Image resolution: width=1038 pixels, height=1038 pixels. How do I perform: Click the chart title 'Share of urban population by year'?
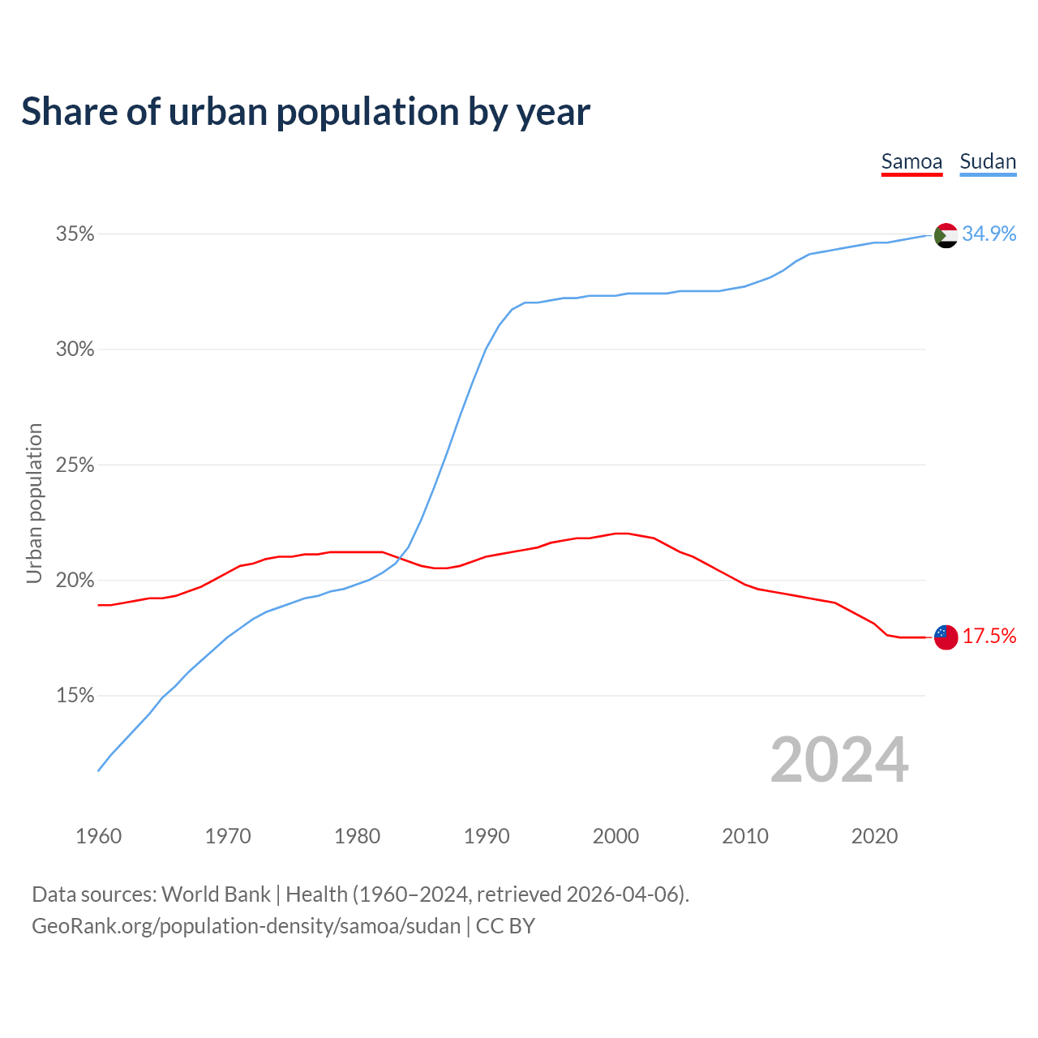click(x=306, y=112)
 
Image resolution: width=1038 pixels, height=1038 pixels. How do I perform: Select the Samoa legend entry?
click(x=911, y=161)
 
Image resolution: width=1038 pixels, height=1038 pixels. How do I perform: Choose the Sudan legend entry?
click(x=988, y=161)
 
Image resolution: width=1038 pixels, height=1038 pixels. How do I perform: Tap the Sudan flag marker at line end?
click(x=946, y=235)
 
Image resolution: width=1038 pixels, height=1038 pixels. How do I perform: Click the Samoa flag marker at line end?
click(x=946, y=637)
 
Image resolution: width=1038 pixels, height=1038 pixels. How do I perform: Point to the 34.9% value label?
click(x=989, y=234)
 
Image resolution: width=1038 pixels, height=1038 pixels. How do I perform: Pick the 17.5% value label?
click(x=989, y=637)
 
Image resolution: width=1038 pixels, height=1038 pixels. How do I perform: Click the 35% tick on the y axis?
click(x=75, y=234)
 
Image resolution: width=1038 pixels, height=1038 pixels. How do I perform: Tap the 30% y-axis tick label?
click(x=75, y=350)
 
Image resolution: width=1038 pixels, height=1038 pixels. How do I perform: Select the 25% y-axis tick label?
click(x=75, y=465)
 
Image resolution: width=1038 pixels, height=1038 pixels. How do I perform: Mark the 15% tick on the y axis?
click(x=75, y=696)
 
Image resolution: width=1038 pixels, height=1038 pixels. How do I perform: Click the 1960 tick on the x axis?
click(x=98, y=836)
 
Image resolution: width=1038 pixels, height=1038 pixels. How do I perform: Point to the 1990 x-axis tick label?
click(x=487, y=836)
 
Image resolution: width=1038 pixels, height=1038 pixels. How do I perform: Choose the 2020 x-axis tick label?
click(x=874, y=836)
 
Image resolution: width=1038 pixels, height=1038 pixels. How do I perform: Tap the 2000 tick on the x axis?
click(x=616, y=836)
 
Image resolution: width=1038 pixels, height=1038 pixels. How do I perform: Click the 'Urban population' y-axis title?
click(x=34, y=503)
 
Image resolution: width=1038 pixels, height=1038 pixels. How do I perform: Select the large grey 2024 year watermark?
click(x=839, y=760)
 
